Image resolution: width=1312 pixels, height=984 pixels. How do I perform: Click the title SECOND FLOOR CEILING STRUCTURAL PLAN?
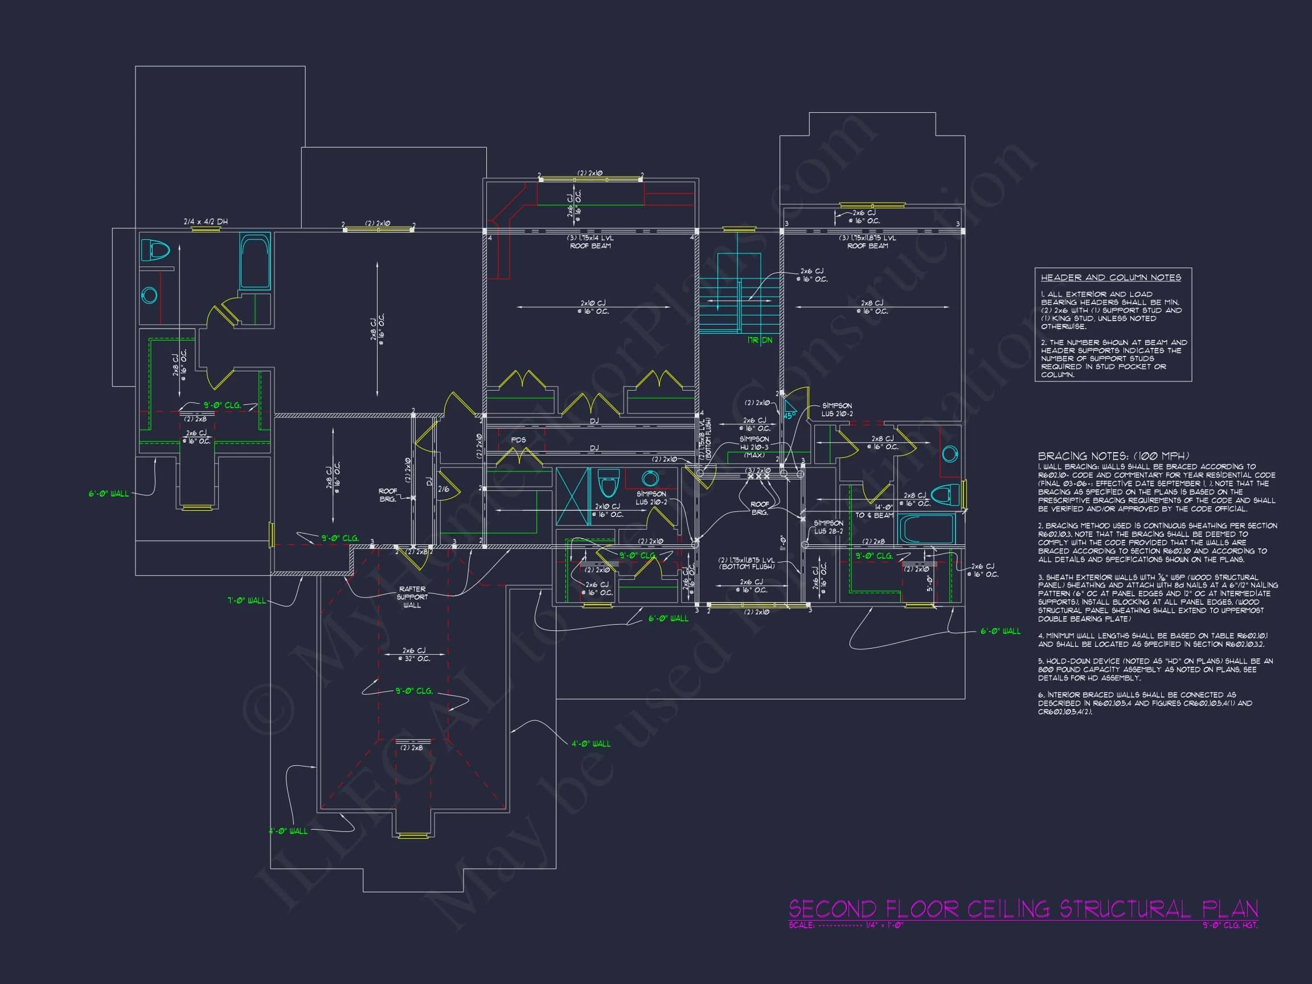tap(1023, 909)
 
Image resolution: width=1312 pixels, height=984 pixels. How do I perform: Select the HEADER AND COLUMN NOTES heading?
tap(1110, 277)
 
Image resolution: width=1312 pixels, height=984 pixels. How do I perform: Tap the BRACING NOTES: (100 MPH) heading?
tap(1113, 456)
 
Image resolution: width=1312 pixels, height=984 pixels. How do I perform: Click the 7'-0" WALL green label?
tap(247, 600)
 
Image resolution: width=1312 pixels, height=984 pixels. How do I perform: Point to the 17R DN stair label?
tap(759, 341)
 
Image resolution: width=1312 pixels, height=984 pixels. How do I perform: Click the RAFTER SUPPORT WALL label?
tap(412, 597)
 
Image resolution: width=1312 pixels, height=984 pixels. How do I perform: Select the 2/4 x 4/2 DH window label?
tap(205, 222)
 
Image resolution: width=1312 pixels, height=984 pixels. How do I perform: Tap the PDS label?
tap(518, 440)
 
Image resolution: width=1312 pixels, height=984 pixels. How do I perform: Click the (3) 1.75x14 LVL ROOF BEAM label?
tap(590, 242)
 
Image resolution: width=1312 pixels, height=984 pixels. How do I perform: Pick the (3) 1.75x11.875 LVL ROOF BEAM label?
tap(867, 242)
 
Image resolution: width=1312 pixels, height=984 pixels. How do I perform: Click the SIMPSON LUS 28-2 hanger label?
tap(828, 527)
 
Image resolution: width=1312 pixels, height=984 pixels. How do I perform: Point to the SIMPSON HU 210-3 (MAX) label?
tap(754, 447)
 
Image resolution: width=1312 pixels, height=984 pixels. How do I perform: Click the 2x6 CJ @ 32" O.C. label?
tap(414, 654)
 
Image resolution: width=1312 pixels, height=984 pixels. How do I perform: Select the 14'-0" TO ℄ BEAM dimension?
tap(875, 511)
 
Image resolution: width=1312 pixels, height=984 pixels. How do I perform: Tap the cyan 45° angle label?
tap(789, 416)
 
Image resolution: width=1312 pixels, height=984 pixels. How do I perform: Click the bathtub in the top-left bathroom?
tap(255, 261)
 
